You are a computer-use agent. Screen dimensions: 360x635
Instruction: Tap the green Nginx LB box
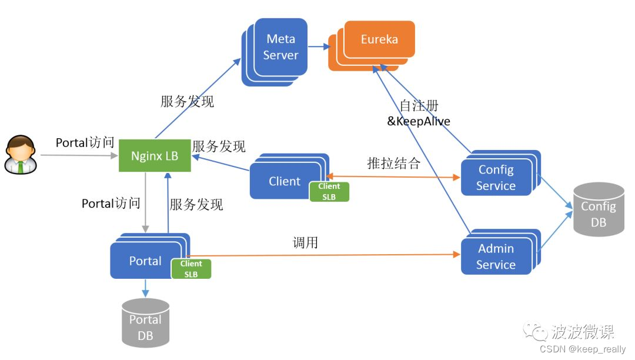click(x=155, y=156)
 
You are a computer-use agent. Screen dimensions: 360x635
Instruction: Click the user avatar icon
click(x=20, y=155)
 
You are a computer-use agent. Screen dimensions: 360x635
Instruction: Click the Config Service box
click(x=496, y=177)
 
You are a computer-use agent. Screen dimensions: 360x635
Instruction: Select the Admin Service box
click(x=496, y=256)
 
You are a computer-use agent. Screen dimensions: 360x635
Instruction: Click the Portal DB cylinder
click(x=145, y=323)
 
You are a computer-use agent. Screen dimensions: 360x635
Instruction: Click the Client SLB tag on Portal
click(x=191, y=269)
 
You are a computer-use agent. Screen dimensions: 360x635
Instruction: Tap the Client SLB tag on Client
click(x=329, y=192)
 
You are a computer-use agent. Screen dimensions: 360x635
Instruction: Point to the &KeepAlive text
click(x=418, y=122)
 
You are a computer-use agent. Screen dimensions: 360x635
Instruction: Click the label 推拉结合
click(x=393, y=163)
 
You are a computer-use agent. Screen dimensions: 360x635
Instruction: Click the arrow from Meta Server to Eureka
click(x=318, y=46)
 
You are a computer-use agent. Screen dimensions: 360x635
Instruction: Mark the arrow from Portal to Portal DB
click(x=145, y=288)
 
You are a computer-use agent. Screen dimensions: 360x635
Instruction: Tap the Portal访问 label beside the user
click(x=85, y=143)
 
